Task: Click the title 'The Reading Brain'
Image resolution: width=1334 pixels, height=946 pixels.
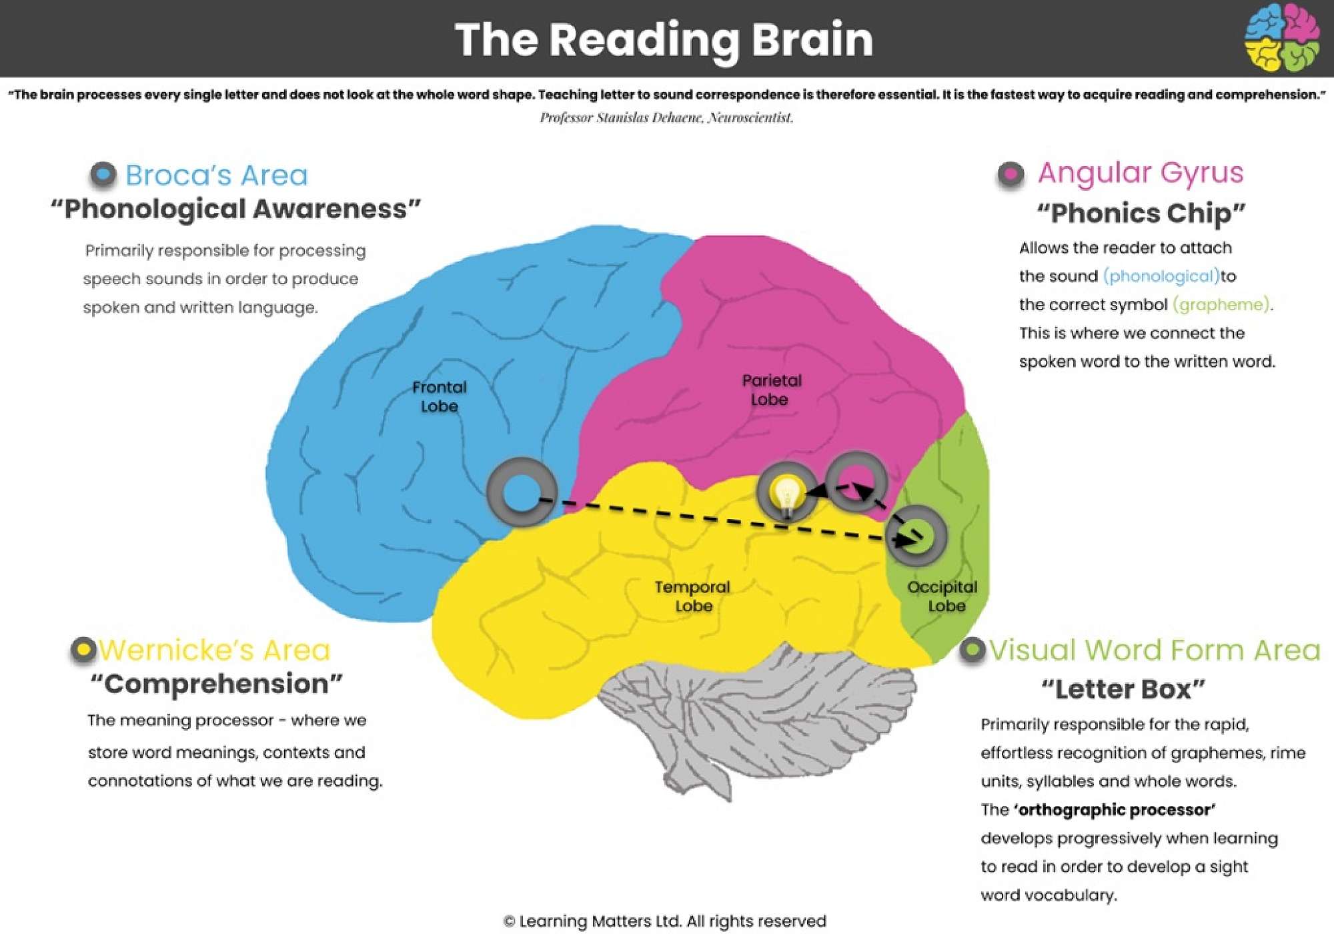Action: pyautogui.click(x=664, y=39)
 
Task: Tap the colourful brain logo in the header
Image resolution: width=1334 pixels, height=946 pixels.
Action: pyautogui.click(x=1281, y=37)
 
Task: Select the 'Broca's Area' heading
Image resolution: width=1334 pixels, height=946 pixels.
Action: pyautogui.click(x=217, y=175)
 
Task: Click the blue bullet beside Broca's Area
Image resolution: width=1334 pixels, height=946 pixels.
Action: pyautogui.click(x=103, y=175)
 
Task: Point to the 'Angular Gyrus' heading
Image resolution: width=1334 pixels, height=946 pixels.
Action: pyautogui.click(x=1141, y=173)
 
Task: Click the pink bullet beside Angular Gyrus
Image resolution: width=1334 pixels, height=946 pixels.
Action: pyautogui.click(x=1011, y=175)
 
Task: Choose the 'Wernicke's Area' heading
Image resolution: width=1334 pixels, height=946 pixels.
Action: pyautogui.click(x=215, y=650)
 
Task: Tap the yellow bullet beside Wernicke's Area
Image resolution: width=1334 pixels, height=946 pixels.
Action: pyautogui.click(x=84, y=649)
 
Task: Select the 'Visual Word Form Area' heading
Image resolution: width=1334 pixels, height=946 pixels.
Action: pyautogui.click(x=1155, y=650)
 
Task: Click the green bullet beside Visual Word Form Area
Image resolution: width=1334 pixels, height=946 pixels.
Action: pyautogui.click(x=972, y=649)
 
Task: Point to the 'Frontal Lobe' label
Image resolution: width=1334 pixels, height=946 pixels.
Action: pyautogui.click(x=439, y=396)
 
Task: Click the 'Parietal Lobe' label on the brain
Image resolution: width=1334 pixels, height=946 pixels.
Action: pyautogui.click(x=771, y=390)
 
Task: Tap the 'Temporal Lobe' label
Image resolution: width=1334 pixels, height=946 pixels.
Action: pyautogui.click(x=692, y=596)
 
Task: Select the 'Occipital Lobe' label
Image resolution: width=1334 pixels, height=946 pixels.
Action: pyautogui.click(x=942, y=596)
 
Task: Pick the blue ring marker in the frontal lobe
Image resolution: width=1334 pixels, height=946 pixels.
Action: pyautogui.click(x=521, y=492)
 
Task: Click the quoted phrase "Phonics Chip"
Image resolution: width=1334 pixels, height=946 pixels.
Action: pyautogui.click(x=1141, y=213)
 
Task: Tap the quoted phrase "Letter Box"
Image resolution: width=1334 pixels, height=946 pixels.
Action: pyautogui.click(x=1123, y=689)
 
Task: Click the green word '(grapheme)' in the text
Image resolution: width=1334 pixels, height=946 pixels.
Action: pyautogui.click(x=1221, y=305)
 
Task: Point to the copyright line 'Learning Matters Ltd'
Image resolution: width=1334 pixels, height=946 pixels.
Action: pyautogui.click(x=665, y=921)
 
